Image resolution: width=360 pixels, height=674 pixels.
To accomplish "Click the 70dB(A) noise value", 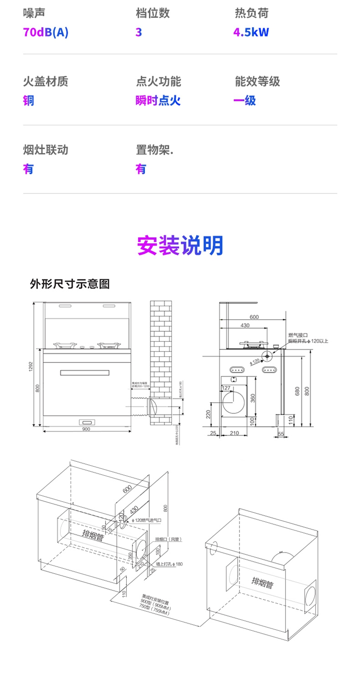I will coord(46,33).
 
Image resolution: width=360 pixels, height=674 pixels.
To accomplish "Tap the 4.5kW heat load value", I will coord(251,33).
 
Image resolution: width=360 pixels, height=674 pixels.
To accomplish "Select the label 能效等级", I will coord(257,82).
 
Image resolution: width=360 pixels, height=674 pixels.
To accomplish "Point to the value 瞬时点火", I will coord(158,101).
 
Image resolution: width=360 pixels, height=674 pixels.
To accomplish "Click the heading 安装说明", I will coord(180,245).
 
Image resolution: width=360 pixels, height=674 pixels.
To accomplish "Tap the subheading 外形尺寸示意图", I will coord(70,284).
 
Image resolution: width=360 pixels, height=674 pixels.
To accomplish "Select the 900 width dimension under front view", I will coord(86,429).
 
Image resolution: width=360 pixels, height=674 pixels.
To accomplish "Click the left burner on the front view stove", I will coord(64,345).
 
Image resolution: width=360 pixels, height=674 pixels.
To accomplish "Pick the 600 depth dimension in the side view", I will coord(254,317).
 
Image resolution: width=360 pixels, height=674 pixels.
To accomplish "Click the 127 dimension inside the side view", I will coord(226,388).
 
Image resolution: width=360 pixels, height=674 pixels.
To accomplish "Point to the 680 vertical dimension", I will coord(297,391).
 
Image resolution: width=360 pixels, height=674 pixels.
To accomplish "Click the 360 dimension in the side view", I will coord(253,397).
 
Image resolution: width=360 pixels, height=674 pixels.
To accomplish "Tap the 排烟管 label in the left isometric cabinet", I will coord(93,536).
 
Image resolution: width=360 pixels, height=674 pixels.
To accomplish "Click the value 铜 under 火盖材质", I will coord(28,101).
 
